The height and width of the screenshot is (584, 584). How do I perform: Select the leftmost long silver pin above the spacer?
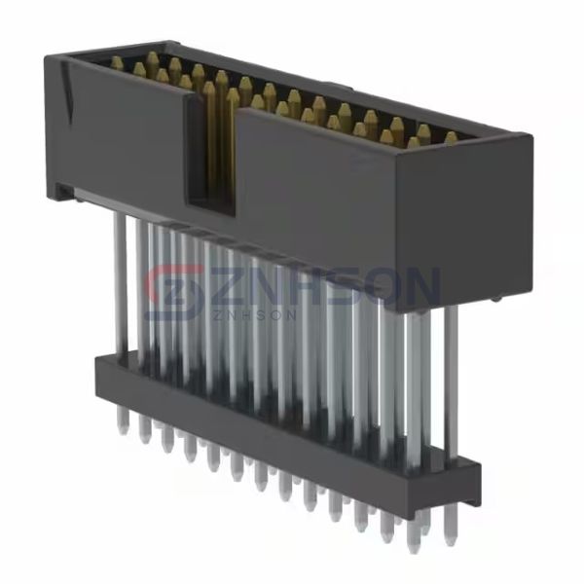click(x=119, y=282)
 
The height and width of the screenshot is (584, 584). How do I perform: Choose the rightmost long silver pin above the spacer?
click(x=451, y=380)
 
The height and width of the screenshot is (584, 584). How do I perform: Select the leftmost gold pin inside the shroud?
click(x=117, y=64)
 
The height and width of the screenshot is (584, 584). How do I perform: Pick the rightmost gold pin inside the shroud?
click(x=450, y=138)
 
